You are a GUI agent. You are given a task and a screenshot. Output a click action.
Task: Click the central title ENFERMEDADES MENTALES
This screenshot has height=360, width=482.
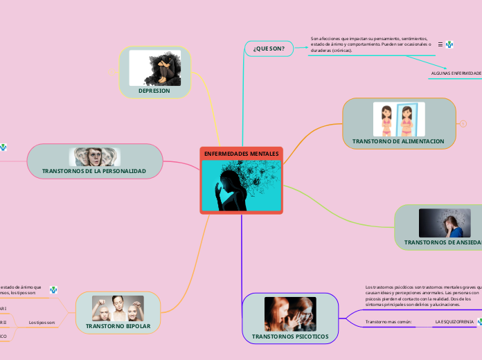(241, 153)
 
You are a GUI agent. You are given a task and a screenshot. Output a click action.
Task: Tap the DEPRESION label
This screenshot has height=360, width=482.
(154, 91)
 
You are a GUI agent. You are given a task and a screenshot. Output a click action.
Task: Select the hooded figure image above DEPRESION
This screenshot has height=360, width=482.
(155, 67)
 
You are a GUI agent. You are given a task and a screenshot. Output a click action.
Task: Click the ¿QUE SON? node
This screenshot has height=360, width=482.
(269, 48)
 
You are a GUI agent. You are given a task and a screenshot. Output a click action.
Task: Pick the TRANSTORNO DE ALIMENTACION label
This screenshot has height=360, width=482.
(398, 141)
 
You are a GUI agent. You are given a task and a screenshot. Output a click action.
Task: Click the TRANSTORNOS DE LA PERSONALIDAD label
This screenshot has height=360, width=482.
(94, 170)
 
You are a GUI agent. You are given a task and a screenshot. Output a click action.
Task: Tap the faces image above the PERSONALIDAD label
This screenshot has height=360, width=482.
(94, 156)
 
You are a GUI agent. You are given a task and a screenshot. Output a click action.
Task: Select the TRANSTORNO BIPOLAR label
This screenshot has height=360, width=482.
(118, 325)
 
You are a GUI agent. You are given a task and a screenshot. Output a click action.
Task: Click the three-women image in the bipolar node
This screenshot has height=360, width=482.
(118, 308)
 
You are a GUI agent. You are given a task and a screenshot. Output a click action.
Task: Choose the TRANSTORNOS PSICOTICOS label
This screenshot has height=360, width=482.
(290, 336)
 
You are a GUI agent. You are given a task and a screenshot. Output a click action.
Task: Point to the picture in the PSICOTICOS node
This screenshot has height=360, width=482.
(290, 314)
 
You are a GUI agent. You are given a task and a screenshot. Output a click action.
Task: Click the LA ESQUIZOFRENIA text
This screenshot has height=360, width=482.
(454, 322)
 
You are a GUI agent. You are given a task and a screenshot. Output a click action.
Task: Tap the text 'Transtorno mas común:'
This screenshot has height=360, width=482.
(389, 322)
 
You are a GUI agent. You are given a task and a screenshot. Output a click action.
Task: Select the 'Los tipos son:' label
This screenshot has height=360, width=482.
(42, 323)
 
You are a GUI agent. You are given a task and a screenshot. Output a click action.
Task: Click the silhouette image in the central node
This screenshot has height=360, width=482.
(241, 185)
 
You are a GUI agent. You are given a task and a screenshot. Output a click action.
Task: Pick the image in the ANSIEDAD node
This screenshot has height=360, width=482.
(445, 223)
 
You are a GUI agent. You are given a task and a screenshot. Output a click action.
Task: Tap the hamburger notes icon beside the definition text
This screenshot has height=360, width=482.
(440, 43)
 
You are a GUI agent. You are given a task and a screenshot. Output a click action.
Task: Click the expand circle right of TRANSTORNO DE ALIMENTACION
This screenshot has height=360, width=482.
(463, 123)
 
